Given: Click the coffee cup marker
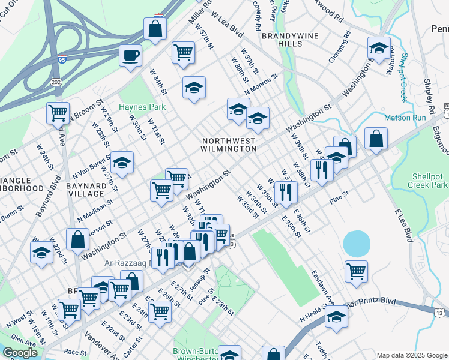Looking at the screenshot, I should [x=130, y=56].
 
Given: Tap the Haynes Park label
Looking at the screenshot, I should [x=142, y=107].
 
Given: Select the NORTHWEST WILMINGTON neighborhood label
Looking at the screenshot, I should [x=229, y=144].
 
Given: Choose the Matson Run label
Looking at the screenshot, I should [x=405, y=118].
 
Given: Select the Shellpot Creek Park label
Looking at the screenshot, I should [x=429, y=181].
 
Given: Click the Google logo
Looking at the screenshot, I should [x=20, y=353].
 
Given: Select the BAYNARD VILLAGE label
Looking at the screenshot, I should [x=90, y=190].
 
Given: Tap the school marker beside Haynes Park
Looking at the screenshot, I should [x=194, y=88].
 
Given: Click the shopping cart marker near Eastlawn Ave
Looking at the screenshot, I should [x=357, y=271].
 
